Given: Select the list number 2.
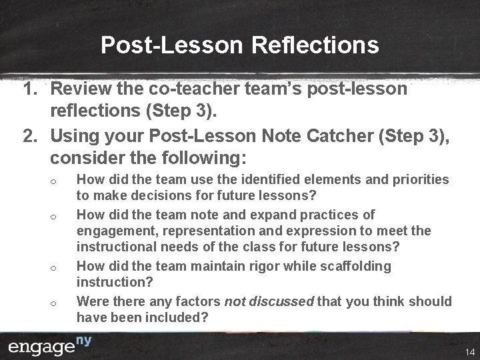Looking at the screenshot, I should tap(30, 137).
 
